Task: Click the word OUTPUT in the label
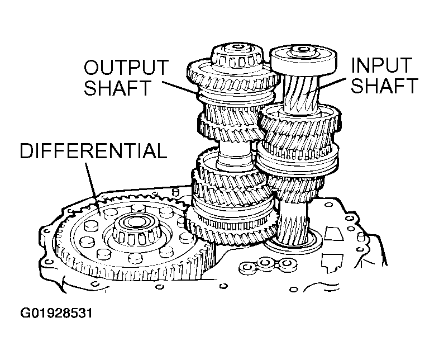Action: pyautogui.click(x=126, y=67)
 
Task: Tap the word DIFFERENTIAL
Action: pyautogui.click(x=93, y=151)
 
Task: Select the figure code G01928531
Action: pyautogui.click(x=56, y=313)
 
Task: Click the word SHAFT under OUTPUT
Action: pyautogui.click(x=118, y=87)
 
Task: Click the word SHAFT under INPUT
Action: pyautogui.click(x=384, y=86)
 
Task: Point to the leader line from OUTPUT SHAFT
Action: pyautogui.click(x=180, y=87)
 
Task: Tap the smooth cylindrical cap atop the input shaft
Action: pyautogui.click(x=303, y=61)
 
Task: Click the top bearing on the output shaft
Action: pyautogui.click(x=237, y=56)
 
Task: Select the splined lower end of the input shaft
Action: pyautogui.click(x=292, y=225)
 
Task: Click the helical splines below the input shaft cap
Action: pyautogui.click(x=302, y=93)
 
